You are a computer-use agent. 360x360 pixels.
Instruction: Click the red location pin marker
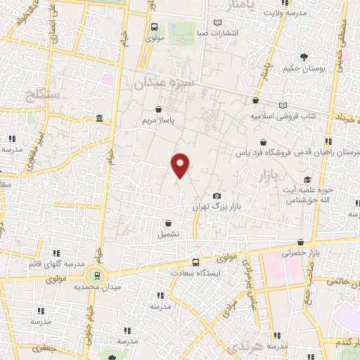pyautogui.click(x=181, y=165)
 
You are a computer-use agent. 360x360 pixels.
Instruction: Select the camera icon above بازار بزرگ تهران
pyautogui.click(x=217, y=195)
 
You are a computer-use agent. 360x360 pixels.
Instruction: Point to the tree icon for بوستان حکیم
pyautogui.click(x=304, y=57)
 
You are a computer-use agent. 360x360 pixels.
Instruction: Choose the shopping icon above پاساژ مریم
pyautogui.click(x=158, y=110)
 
